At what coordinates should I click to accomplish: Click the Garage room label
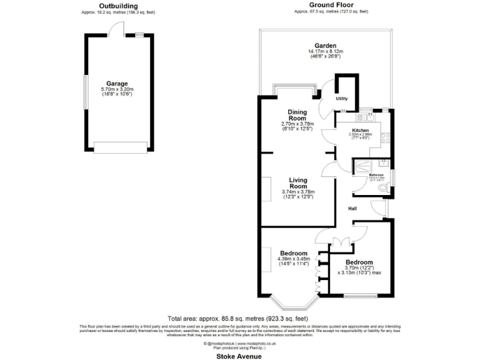pyautogui.click(x=117, y=83)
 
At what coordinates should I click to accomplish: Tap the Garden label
pyautogui.click(x=326, y=46)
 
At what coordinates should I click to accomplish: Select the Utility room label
pyautogui.click(x=341, y=99)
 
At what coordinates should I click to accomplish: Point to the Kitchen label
pyautogui.click(x=361, y=129)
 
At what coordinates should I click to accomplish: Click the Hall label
pyautogui.click(x=352, y=209)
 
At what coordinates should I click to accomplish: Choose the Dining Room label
pyautogui.click(x=297, y=115)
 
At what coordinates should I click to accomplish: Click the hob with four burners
pyautogui.click(x=388, y=136)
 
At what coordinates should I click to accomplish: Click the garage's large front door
pyautogui.click(x=121, y=147)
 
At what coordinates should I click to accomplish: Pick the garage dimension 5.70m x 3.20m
pyautogui.click(x=117, y=90)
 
